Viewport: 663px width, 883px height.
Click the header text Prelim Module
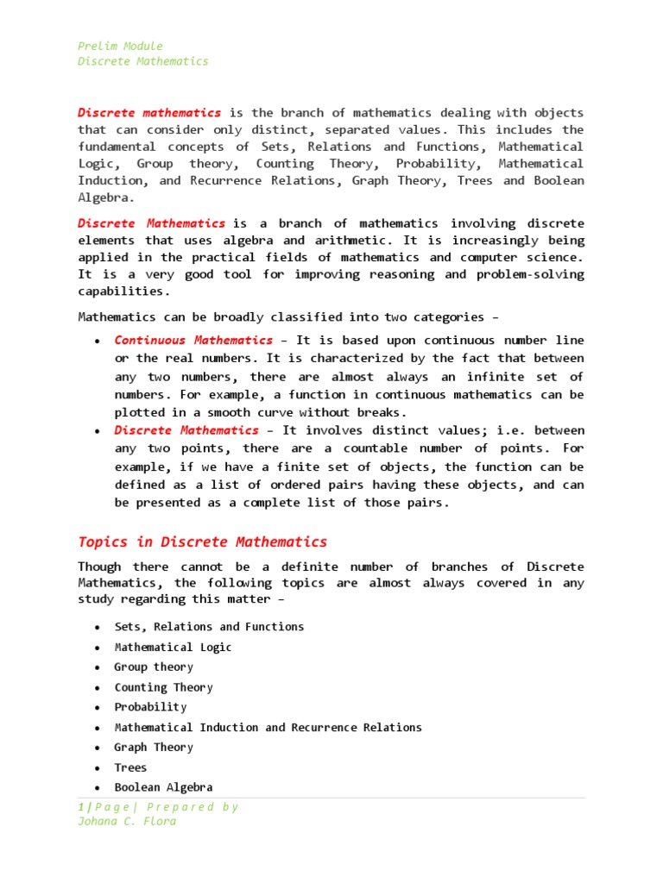[x=120, y=46]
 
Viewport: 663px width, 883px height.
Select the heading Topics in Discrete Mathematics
[x=203, y=542]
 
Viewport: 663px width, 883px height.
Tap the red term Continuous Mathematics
[x=193, y=340]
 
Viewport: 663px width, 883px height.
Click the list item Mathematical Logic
[x=173, y=647]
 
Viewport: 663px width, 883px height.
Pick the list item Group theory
[x=154, y=667]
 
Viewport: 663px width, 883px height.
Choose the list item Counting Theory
[x=163, y=687]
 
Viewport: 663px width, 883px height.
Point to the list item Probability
[x=150, y=707]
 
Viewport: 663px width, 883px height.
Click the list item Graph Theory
[x=154, y=748]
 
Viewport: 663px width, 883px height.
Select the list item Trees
[x=130, y=767]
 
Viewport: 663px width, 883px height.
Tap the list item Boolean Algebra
[x=163, y=787]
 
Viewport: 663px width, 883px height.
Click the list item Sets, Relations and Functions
[x=209, y=627]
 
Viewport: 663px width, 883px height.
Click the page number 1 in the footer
[x=80, y=807]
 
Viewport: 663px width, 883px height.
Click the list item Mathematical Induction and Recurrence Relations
[x=268, y=727]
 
